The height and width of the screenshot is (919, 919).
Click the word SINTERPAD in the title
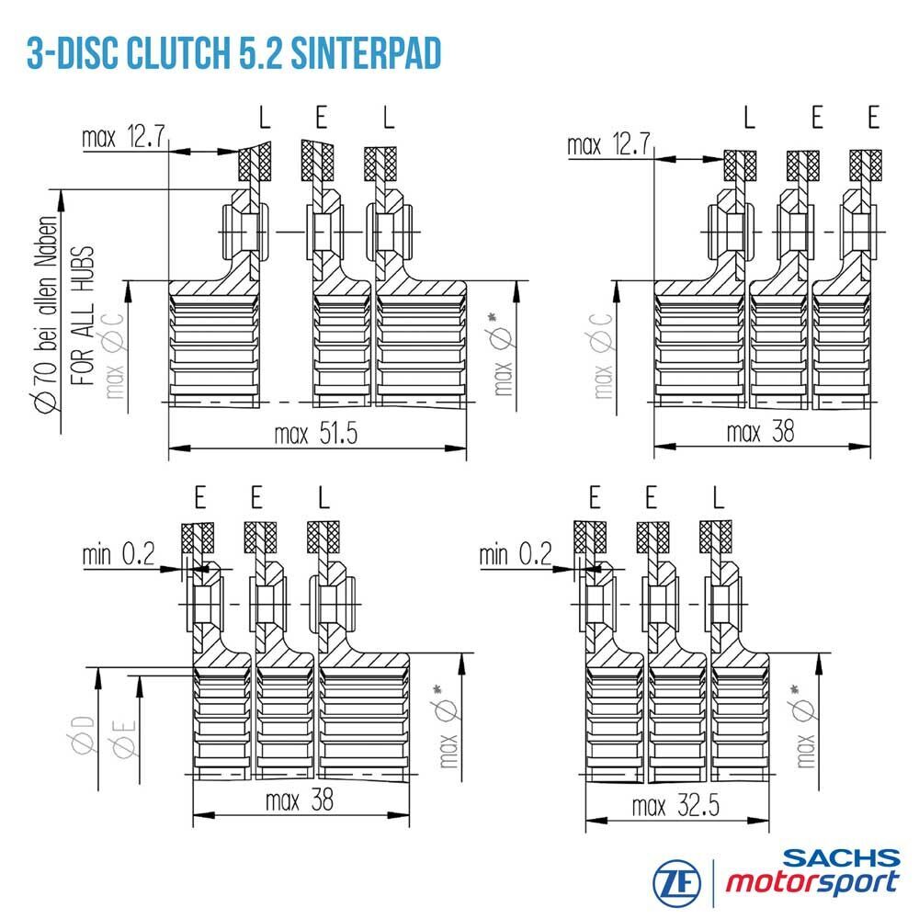point(366,54)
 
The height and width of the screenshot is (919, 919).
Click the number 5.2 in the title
point(261,54)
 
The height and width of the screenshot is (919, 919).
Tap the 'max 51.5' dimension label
point(316,434)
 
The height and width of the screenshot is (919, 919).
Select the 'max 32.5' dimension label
point(675,806)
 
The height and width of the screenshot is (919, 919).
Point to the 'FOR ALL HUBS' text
point(83,315)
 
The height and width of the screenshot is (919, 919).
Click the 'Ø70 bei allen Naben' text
point(47,316)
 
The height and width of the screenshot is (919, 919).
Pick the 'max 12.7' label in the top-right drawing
point(608,144)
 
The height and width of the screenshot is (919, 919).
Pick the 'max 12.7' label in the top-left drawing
point(123,137)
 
